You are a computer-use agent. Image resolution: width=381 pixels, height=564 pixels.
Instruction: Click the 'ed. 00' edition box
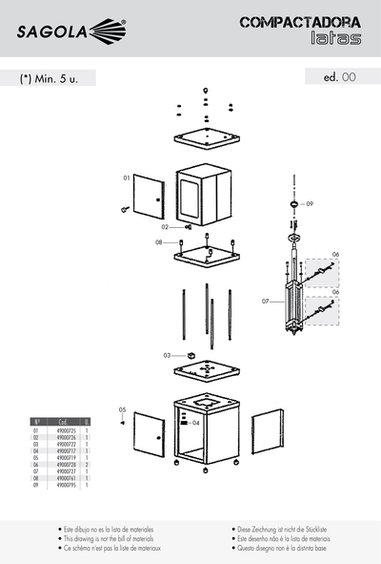[338, 77]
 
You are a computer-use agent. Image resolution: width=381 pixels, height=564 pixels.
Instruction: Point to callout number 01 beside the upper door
[126, 178]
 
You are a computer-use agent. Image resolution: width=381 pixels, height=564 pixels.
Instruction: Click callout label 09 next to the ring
[309, 203]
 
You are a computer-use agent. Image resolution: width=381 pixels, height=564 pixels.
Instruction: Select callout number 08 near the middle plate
[159, 242]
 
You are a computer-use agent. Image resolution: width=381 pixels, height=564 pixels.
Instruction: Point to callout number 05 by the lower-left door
[122, 410]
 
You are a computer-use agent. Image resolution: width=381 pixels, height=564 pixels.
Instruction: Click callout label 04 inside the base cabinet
[195, 421]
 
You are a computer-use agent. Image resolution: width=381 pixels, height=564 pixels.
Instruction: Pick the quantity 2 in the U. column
[87, 465]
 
